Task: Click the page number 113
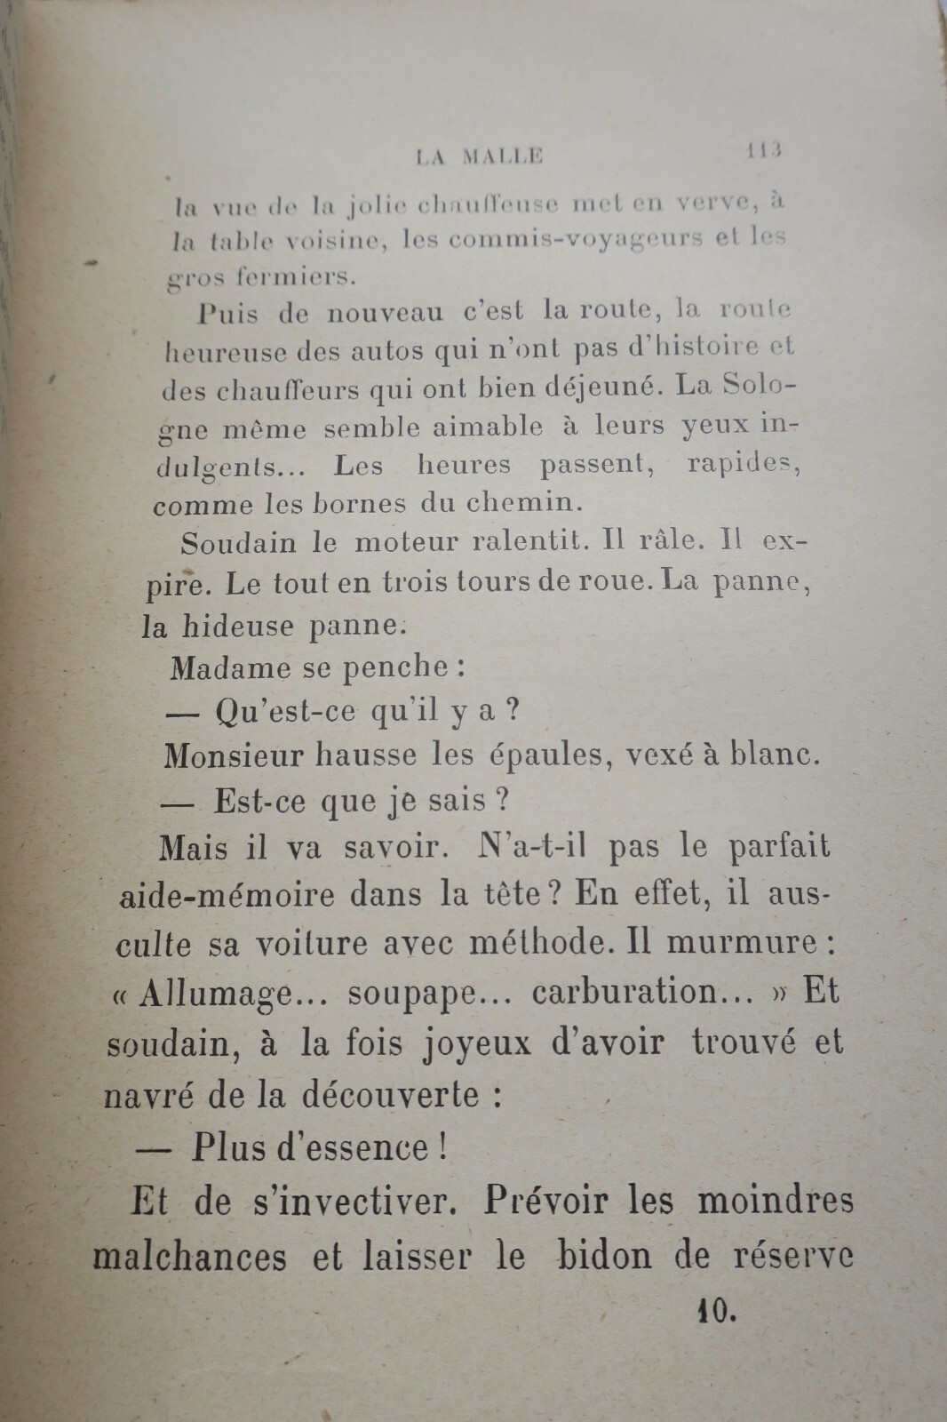click(762, 151)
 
